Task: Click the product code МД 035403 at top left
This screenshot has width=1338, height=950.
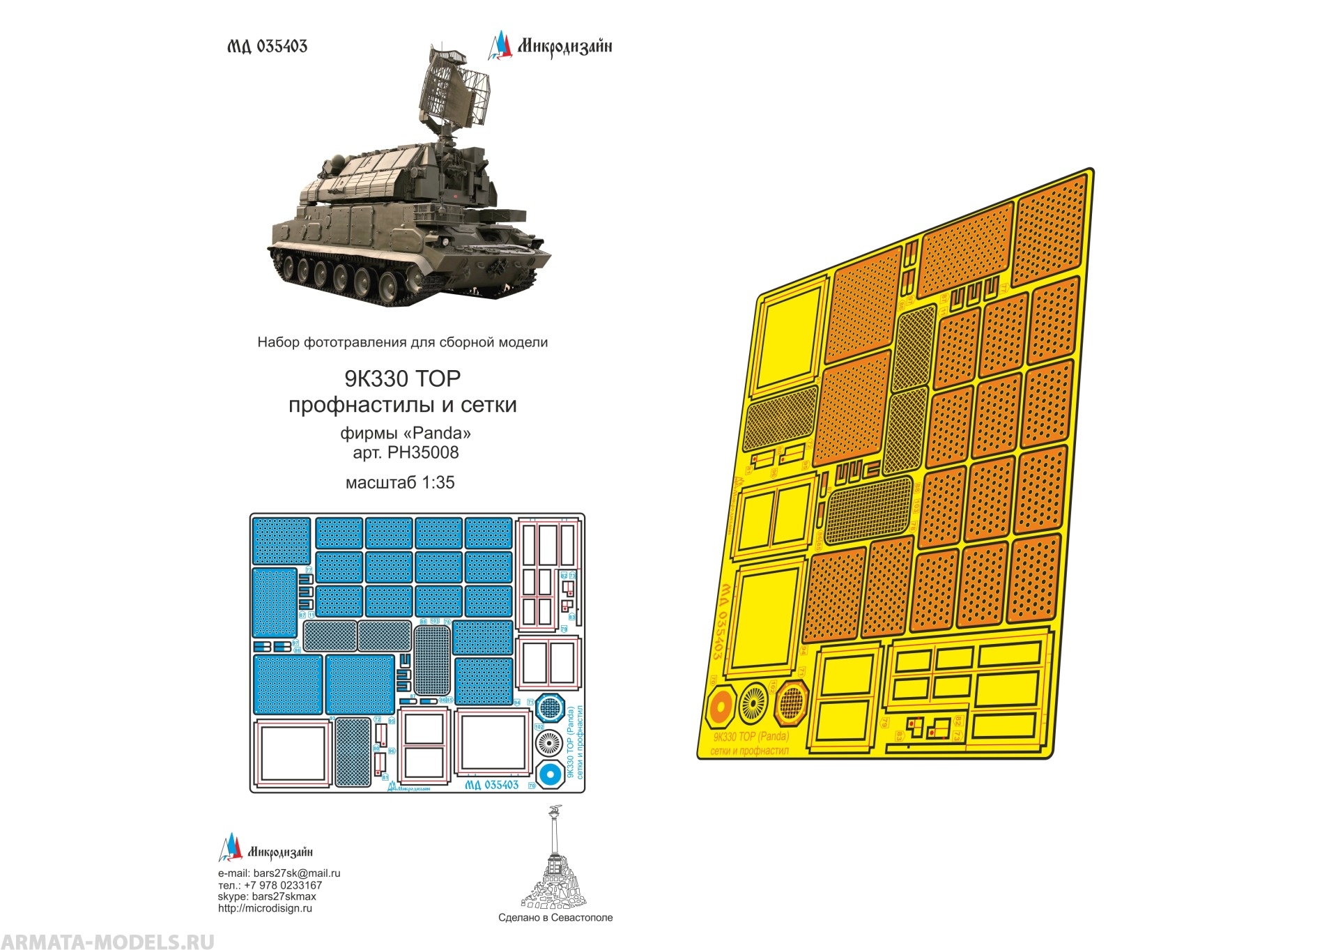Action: (x=267, y=46)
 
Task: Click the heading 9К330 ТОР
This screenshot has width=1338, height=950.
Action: (x=402, y=378)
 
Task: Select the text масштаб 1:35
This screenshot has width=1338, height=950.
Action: (x=400, y=482)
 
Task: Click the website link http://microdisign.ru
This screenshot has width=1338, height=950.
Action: (x=265, y=908)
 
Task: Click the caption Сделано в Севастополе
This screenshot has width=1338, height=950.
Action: (x=555, y=918)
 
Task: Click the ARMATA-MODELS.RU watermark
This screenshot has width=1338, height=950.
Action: (x=107, y=941)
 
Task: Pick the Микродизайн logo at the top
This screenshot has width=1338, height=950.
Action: (x=550, y=46)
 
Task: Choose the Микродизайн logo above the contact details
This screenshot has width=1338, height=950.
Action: (x=266, y=850)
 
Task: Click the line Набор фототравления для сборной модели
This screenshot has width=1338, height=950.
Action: (x=402, y=342)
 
